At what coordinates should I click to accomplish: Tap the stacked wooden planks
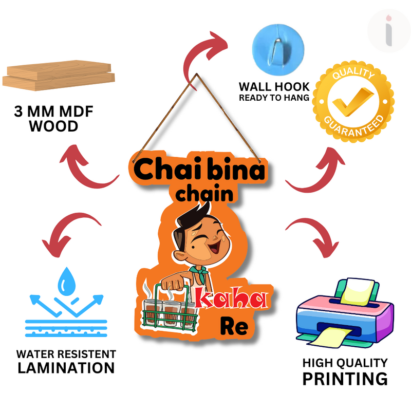coord(58,75)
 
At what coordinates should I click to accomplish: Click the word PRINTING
coord(344,379)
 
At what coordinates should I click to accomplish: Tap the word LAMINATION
coord(66,368)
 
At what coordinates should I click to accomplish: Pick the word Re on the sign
coord(234,327)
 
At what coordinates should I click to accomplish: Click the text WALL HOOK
coord(274,86)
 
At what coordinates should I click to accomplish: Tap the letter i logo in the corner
coord(389,31)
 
